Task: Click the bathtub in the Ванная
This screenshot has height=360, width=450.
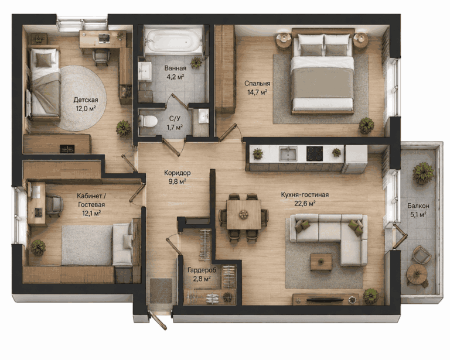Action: coord(173,40)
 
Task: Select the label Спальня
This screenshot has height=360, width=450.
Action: coord(257,83)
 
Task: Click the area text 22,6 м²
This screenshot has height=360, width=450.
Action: coord(305,204)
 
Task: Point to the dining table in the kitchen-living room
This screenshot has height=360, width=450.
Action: coord(244,214)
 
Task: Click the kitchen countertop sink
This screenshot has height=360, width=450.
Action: coord(288,153)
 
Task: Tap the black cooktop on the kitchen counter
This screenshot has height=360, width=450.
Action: coord(315,153)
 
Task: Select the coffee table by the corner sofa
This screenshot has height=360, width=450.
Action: coord(321,262)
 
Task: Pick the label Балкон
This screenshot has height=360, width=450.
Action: coord(418,206)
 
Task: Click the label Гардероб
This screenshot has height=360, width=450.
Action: coord(202,270)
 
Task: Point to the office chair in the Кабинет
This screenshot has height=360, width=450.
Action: coord(54,205)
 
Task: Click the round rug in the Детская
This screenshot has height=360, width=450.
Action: coord(82,98)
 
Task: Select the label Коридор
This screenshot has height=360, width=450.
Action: coord(178,173)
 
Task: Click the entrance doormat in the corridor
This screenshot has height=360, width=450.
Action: coord(161,290)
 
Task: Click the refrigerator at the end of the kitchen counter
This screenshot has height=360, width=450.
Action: coord(355,159)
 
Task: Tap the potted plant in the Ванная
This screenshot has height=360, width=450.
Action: coord(196,62)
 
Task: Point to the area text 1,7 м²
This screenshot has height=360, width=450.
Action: coord(175,128)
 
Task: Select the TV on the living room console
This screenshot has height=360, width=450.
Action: coord(325,300)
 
